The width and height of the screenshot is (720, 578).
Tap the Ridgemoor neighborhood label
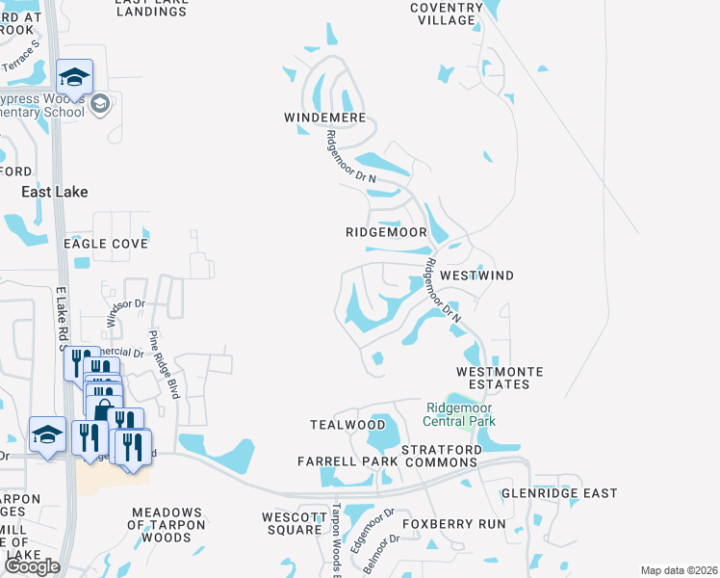pyautogui.click(x=386, y=232)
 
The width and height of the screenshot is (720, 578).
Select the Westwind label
pyautogui.click(x=476, y=276)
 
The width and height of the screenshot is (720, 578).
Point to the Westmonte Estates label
pyautogui.click(x=500, y=378)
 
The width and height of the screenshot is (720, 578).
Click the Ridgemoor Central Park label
pyautogui.click(x=460, y=414)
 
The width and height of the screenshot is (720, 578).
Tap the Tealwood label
pyautogui.click(x=334, y=425)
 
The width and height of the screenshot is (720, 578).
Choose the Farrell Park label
pyautogui.click(x=347, y=462)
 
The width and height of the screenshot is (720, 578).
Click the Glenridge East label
pyautogui.click(x=559, y=493)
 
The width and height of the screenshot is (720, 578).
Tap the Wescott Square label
pyautogui.click(x=294, y=523)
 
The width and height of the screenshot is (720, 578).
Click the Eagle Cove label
pyautogui.click(x=106, y=244)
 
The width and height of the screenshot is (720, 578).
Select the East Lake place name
pyautogui.click(x=55, y=192)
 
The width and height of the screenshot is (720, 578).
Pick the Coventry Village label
pyautogui.click(x=444, y=13)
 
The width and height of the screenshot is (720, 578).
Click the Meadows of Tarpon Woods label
pyautogui.click(x=168, y=524)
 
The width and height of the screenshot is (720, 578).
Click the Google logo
pyautogui.click(x=32, y=566)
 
